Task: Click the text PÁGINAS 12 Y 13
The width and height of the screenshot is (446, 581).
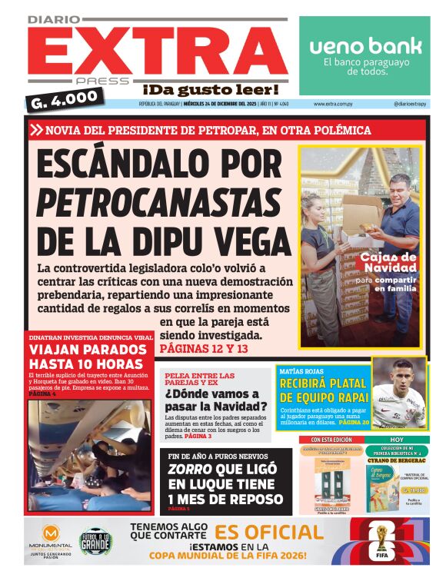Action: pyautogui.click(x=204, y=350)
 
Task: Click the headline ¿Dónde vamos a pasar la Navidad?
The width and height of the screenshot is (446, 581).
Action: pyautogui.click(x=216, y=400)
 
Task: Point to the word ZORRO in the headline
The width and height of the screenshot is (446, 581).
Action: pyautogui.click(x=188, y=468)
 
